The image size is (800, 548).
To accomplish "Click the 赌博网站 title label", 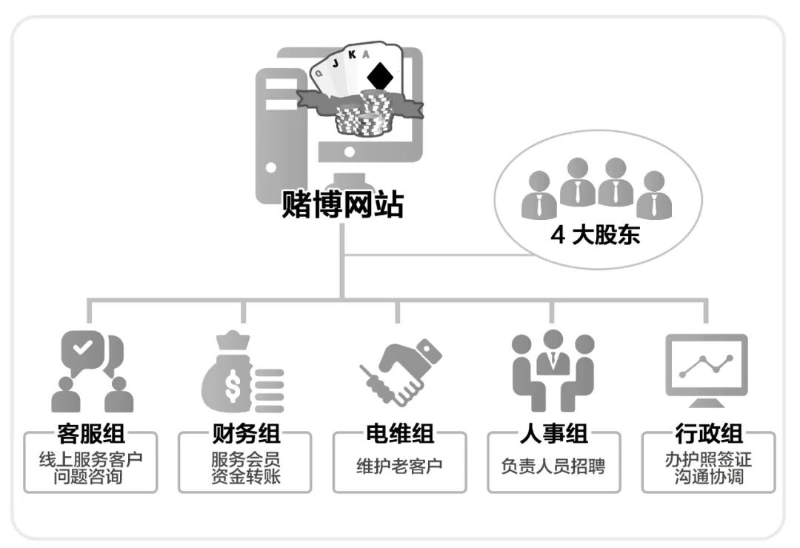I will (x=342, y=205).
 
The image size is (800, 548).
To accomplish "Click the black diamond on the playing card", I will (x=381, y=76).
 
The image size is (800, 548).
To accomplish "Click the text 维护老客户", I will (x=399, y=467).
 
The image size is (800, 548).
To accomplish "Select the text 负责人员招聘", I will (x=553, y=467).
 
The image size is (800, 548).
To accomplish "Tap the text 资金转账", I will (x=245, y=476).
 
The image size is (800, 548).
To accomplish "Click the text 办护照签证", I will (x=708, y=459).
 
